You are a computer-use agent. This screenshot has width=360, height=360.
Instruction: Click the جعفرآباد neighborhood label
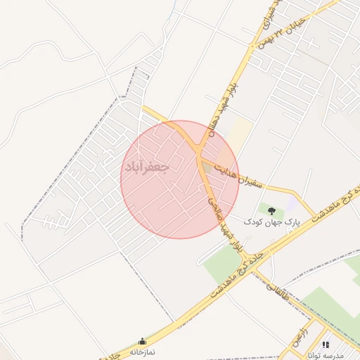coord(147,167)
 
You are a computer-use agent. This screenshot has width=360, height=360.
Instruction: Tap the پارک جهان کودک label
coord(272,221)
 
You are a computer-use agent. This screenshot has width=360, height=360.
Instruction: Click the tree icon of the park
coord(271,209)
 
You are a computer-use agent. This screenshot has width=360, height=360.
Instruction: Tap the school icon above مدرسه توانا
coord(325,344)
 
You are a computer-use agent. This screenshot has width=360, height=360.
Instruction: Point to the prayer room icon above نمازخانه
coord(143,340)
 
